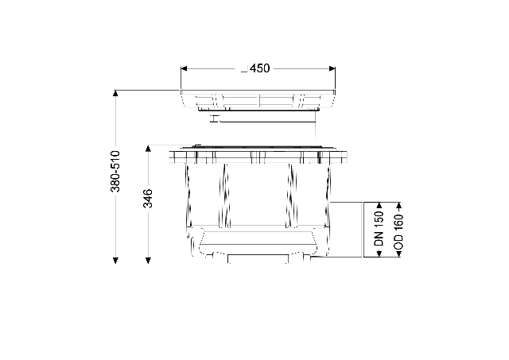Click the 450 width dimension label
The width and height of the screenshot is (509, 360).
(x=260, y=68)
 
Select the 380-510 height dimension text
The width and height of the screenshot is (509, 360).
(x=115, y=171)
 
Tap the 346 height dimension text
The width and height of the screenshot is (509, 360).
(x=148, y=198)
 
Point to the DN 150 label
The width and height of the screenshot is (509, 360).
(x=379, y=228)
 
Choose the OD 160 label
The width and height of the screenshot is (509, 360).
(x=398, y=231)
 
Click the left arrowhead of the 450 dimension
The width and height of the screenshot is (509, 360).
(x=184, y=68)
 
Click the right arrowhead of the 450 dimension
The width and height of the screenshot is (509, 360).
(x=332, y=68)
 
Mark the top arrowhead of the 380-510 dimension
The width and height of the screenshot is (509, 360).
(x=115, y=93)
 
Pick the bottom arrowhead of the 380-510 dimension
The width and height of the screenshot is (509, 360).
(x=115, y=260)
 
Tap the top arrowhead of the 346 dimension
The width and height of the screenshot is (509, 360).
(x=148, y=149)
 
